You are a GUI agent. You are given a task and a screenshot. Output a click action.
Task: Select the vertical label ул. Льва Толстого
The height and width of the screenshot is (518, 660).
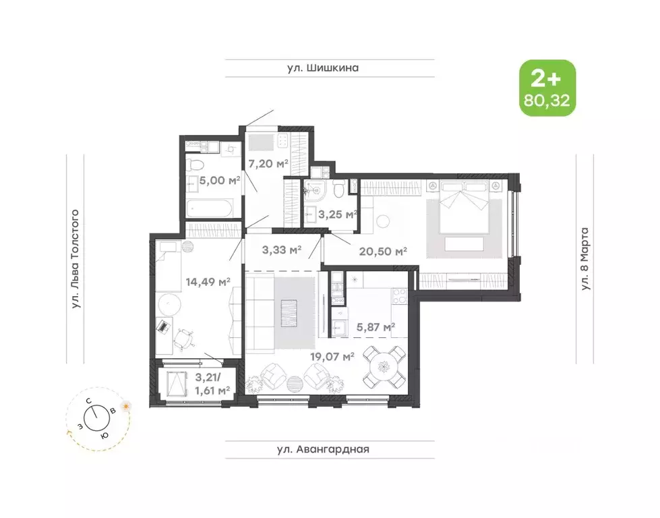(x=76, y=260)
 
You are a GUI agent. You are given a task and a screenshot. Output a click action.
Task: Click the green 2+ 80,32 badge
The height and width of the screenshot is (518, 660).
(x=547, y=88)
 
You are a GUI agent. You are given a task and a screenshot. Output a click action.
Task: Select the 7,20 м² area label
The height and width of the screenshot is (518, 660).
(x=268, y=163)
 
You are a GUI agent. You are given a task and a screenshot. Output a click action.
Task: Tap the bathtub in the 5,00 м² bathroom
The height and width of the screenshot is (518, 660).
(x=210, y=206)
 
